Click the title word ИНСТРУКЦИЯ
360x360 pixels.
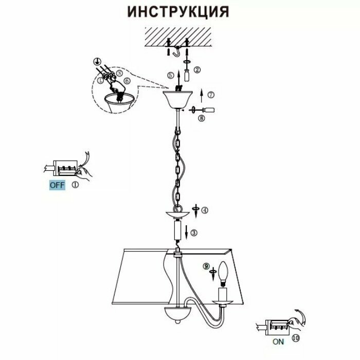click(x=178, y=11)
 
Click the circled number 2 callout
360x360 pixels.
click(x=197, y=69)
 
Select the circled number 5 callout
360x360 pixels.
click(x=170, y=75)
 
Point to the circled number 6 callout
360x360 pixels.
click(x=127, y=80)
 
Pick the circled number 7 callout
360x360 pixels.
click(x=211, y=95)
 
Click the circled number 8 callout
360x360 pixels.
click(x=201, y=118)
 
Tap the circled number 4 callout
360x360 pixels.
click(x=205, y=210)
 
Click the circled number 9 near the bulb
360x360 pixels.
click(x=206, y=266)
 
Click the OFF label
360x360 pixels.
click(x=57, y=186)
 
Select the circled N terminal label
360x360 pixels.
click(x=120, y=73)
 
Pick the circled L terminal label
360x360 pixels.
click(x=101, y=80)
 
